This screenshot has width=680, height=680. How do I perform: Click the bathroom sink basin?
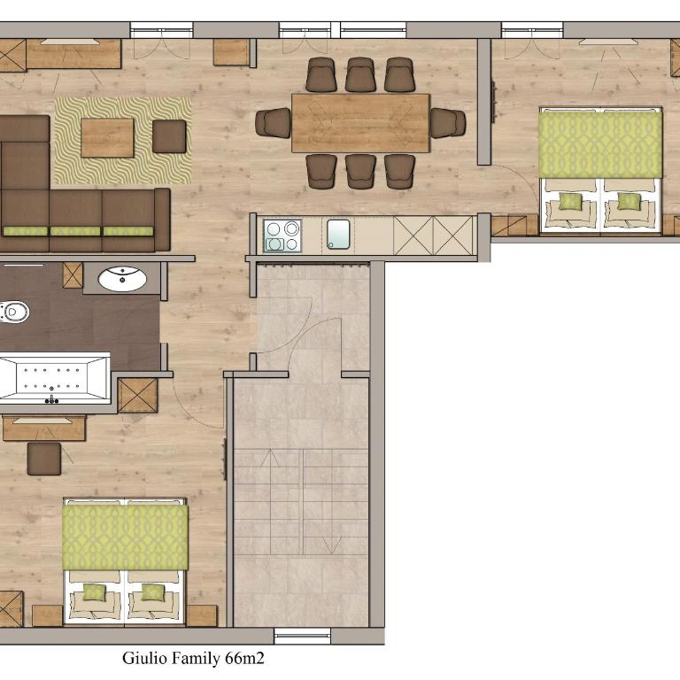(122, 279)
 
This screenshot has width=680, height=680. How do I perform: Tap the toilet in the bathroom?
(13, 312)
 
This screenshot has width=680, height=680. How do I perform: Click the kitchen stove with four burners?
(282, 236)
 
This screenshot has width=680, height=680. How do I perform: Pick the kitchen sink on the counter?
(338, 234)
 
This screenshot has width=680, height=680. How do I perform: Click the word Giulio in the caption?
(145, 659)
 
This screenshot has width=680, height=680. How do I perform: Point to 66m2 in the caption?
(244, 659)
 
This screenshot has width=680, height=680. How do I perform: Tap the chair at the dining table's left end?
(274, 123)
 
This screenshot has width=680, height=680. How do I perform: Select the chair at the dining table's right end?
(448, 123)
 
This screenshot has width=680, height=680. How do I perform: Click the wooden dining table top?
(361, 123)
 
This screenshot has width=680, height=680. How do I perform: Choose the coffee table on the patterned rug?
(107, 137)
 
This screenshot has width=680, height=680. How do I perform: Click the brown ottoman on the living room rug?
(169, 136)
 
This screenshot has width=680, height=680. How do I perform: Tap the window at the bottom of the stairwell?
(303, 636)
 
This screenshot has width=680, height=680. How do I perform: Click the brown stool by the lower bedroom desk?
(44, 459)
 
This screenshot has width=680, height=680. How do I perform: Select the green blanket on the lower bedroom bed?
(126, 537)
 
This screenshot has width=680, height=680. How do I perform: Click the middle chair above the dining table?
(360, 74)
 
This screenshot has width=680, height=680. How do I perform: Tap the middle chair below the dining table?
(360, 172)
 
